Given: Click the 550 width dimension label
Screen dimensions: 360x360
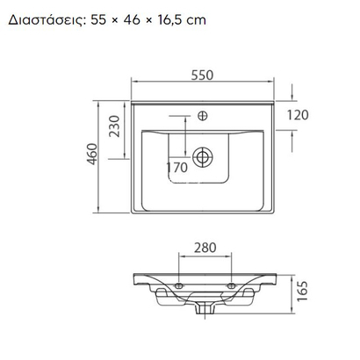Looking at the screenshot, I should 204,76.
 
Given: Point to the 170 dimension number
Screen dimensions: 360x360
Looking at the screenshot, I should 177,167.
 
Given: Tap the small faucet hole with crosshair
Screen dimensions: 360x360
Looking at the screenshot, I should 205,115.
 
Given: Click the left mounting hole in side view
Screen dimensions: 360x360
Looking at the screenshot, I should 178,286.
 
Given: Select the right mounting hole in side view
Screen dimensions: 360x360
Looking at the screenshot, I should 232,286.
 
